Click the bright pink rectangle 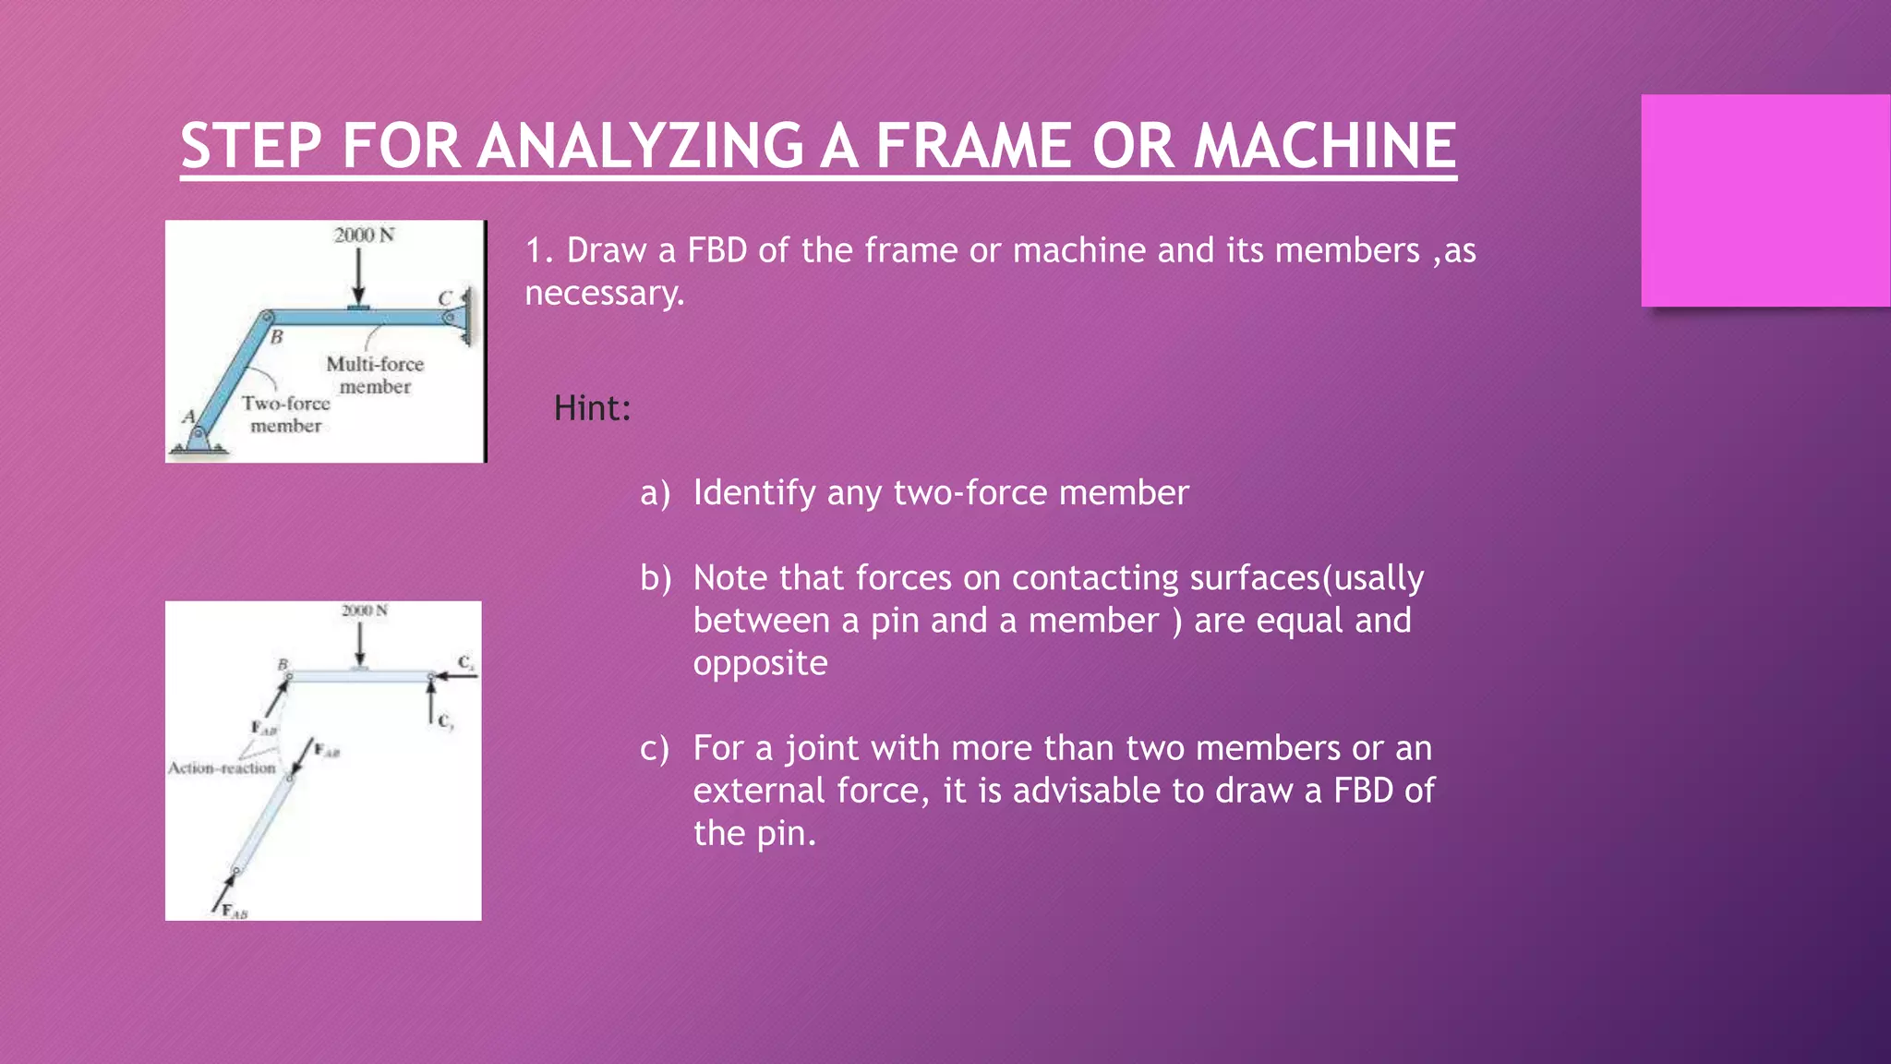click(x=1765, y=200)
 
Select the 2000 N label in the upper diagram click(x=364, y=235)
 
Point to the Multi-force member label click(x=375, y=375)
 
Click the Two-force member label click(x=286, y=415)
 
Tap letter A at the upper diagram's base click(x=189, y=417)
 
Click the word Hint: click(x=592, y=408)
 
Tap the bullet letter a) click(x=655, y=493)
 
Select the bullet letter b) click(x=655, y=578)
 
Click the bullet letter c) click(x=655, y=748)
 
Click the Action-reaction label click(x=222, y=768)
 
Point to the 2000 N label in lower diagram click(x=365, y=611)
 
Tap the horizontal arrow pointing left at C click(x=457, y=676)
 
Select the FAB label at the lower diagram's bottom click(x=235, y=912)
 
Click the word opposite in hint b click(x=760, y=663)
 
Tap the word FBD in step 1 click(x=717, y=250)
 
